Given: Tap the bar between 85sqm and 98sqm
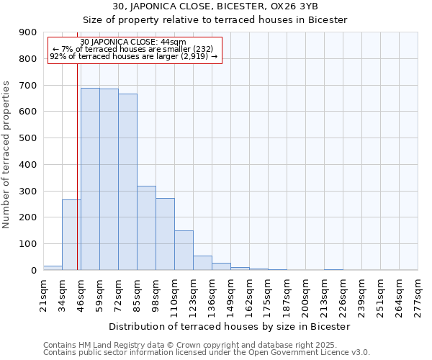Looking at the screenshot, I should (146, 228).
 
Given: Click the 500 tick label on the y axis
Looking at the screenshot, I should (28, 138).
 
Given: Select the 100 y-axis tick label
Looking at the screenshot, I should (28, 244).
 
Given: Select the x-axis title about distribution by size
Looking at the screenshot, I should (230, 326).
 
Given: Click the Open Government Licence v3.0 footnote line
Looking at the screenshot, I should (207, 353).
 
